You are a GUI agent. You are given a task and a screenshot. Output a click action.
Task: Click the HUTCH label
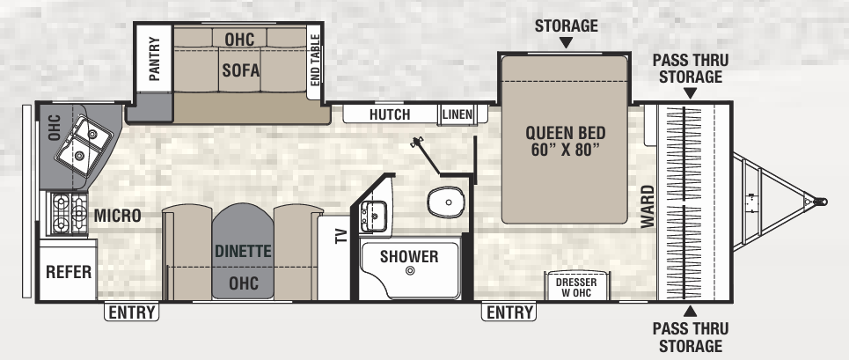(x=390, y=114)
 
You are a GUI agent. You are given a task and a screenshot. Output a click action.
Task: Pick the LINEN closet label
(x=457, y=114)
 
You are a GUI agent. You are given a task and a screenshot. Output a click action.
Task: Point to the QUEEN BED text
(x=565, y=140)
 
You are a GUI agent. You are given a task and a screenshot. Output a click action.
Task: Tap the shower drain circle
(x=410, y=272)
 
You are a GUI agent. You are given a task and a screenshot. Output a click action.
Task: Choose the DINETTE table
(x=242, y=251)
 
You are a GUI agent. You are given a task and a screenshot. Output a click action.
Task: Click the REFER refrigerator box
(x=69, y=272)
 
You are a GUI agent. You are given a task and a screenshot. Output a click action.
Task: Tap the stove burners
(x=65, y=215)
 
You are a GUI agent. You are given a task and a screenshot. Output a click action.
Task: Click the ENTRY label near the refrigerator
(x=132, y=312)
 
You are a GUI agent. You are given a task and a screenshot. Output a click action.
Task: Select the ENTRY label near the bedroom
(x=509, y=312)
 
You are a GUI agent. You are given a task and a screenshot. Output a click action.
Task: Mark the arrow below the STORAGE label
(x=565, y=42)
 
